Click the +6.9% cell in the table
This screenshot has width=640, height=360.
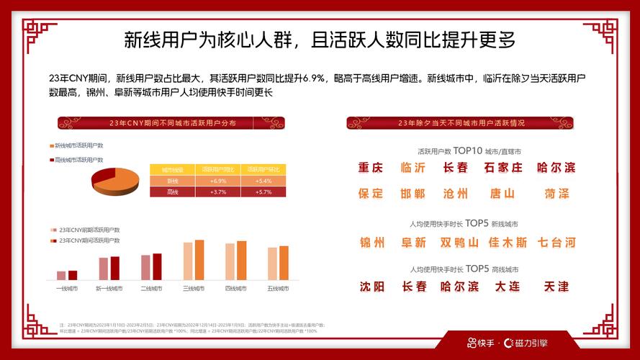(x=218, y=181)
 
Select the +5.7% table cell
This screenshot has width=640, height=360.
(x=263, y=192)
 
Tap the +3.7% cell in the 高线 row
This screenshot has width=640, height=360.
(x=218, y=192)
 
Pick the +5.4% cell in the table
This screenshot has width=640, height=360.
(x=263, y=181)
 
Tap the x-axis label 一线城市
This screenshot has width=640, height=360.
(x=67, y=289)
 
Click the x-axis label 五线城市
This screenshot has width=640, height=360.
(x=278, y=289)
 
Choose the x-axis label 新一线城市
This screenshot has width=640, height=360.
(x=109, y=289)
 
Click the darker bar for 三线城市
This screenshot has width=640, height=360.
(x=199, y=260)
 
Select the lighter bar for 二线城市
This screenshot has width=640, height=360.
(x=145, y=267)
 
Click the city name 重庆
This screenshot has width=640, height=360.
(x=371, y=168)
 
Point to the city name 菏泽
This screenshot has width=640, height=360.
(x=556, y=194)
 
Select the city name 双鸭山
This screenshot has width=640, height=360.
(x=459, y=243)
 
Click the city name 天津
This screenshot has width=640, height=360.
(x=556, y=287)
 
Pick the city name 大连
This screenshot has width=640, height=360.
(x=508, y=287)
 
